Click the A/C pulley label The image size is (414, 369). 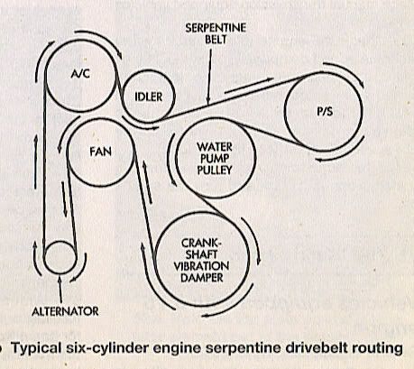[80, 73]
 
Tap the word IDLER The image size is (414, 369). [149, 97]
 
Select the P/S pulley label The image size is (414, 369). [325, 112]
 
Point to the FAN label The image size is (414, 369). [100, 152]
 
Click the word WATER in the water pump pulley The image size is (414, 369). [215, 147]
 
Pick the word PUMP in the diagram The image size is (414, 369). [214, 159]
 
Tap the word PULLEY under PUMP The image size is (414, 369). [215, 170]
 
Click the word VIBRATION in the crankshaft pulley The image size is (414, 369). [201, 266]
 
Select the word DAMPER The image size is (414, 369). [202, 277]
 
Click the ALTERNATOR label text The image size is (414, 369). [65, 311]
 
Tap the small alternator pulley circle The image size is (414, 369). [60, 258]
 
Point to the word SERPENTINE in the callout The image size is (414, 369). [216, 28]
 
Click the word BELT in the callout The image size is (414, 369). [216, 40]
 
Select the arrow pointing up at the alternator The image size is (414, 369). [60, 290]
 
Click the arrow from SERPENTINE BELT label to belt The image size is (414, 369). [209, 78]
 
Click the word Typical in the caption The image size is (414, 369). [36, 349]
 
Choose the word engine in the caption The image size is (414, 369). [177, 349]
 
